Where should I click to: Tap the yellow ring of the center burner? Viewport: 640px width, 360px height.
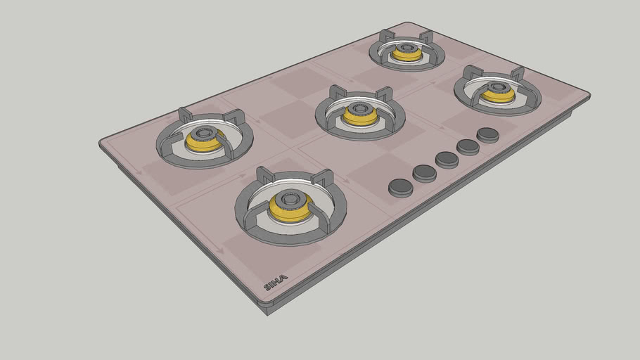pyautogui.click(x=360, y=118)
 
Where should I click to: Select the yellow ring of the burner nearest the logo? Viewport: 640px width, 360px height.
pyautogui.click(x=290, y=209)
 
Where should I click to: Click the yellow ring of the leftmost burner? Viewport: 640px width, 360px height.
pyautogui.click(x=204, y=143)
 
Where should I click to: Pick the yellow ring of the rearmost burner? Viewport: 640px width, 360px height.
pyautogui.click(x=407, y=55)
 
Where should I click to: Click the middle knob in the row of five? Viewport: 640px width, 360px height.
pyautogui.click(x=447, y=160)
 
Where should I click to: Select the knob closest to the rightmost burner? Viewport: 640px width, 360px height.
pyautogui.click(x=488, y=134)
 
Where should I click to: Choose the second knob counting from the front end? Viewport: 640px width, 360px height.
pyautogui.click(x=425, y=172)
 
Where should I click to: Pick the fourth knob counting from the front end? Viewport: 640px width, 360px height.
pyautogui.click(x=468, y=146)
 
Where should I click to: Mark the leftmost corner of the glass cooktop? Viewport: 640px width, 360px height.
pyautogui.click(x=101, y=143)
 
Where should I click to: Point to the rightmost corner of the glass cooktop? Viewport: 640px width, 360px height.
pyautogui.click(x=588, y=96)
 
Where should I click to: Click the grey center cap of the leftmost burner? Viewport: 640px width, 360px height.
pyautogui.click(x=204, y=134)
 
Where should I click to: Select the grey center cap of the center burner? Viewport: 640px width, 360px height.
pyautogui.click(x=360, y=109)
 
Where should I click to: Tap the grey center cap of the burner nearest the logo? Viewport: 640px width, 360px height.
pyautogui.click(x=290, y=197)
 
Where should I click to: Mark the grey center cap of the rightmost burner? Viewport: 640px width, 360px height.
pyautogui.click(x=497, y=87)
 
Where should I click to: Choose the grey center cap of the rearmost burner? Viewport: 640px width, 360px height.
pyautogui.click(x=407, y=48)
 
